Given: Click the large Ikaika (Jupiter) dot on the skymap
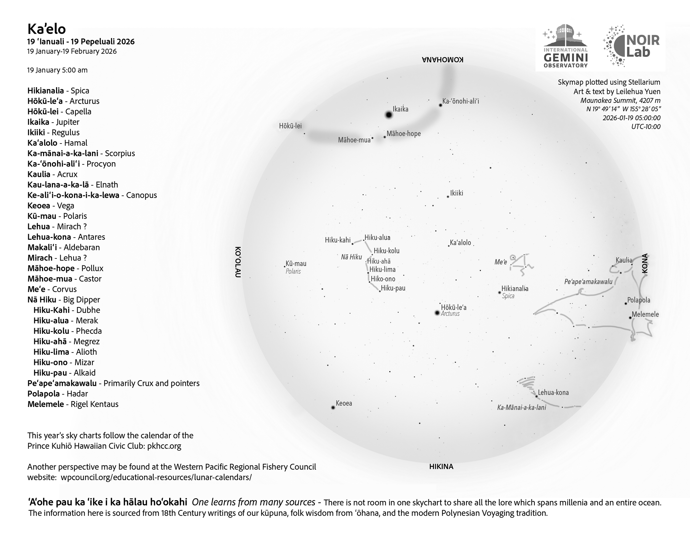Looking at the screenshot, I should click(x=389, y=115).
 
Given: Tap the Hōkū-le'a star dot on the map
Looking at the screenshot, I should click(x=437, y=313).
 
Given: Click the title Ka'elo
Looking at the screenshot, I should click(x=46, y=29).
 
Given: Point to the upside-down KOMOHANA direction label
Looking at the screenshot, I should click(x=443, y=60).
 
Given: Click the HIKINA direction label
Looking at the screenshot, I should click(x=441, y=467).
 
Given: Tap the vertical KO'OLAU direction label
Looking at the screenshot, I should click(x=238, y=262).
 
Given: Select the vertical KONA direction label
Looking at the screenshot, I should click(x=645, y=263).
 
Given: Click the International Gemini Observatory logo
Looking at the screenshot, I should click(x=565, y=46).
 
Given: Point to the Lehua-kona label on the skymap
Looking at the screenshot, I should click(x=553, y=393).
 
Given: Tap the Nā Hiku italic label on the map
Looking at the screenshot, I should click(x=351, y=257).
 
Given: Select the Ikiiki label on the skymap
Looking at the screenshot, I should click(x=457, y=193).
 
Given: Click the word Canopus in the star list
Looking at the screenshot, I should click(x=141, y=195).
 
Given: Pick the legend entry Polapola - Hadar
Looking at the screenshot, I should click(x=57, y=394).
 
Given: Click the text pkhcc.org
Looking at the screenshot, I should click(x=164, y=446).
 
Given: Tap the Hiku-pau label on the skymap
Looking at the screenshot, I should click(x=393, y=288).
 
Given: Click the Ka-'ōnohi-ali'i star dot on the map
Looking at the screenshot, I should click(x=440, y=105).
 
